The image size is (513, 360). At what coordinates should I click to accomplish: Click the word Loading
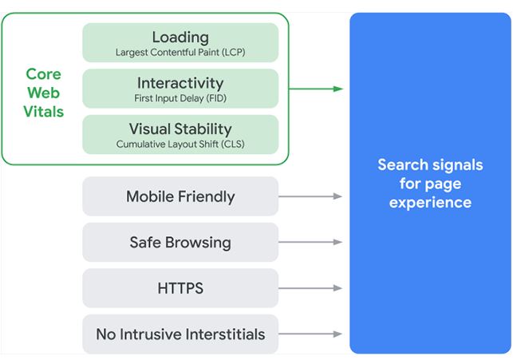coord(180,38)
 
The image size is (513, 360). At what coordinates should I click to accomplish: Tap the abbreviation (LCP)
coord(233,53)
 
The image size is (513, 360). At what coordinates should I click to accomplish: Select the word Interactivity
coord(180,83)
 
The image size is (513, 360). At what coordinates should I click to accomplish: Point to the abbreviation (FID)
coord(216,98)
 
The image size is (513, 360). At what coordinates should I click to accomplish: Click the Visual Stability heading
coord(180,129)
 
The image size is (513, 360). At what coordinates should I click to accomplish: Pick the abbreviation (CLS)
coord(233,144)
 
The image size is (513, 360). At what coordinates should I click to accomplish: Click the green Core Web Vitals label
coord(44,93)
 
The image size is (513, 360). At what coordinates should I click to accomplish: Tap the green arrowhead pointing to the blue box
coord(338,89)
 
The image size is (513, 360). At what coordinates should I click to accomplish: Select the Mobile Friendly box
coord(180,196)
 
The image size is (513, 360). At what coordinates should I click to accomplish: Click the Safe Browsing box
coord(180,242)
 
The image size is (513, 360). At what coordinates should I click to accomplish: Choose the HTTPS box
coord(180,288)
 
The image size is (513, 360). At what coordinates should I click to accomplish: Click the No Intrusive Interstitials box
coord(180,334)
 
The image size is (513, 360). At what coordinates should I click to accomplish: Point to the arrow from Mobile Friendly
coord(310,196)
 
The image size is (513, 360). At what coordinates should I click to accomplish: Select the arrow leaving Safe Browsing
coord(310,242)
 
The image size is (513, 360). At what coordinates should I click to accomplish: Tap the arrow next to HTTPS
coord(310,288)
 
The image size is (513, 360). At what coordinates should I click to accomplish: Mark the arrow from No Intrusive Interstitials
coord(310,334)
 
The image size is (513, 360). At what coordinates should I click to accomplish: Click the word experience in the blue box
coord(430,203)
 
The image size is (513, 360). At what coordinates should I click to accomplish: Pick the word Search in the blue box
coord(402,164)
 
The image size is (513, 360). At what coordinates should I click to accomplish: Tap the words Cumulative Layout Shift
coord(168,144)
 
